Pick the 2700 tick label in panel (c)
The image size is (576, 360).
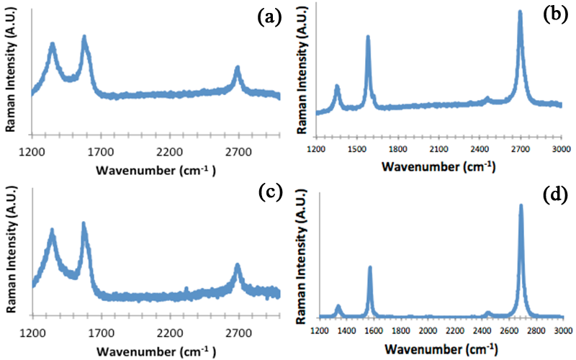[x=238, y=333]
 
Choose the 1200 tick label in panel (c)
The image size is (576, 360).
[x=32, y=333]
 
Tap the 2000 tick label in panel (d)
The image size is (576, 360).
[x=428, y=330]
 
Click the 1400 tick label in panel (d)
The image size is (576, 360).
[x=346, y=330]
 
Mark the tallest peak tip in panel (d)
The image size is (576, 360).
[x=521, y=206]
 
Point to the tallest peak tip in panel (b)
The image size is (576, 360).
[x=520, y=12]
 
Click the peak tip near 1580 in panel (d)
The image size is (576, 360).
[x=370, y=268]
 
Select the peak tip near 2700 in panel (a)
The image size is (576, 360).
[x=238, y=68]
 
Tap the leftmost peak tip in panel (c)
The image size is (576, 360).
[x=52, y=231]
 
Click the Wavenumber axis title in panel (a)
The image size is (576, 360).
[x=156, y=171]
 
